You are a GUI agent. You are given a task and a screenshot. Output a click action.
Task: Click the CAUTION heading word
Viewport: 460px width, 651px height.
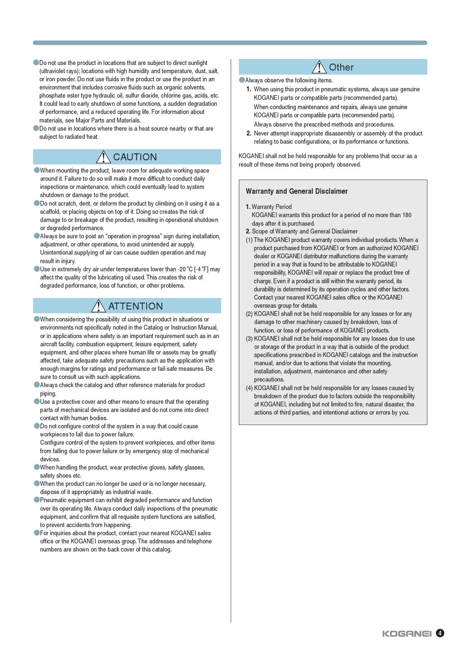point(135,157)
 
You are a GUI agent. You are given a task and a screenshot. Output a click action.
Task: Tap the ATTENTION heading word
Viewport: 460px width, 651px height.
point(135,306)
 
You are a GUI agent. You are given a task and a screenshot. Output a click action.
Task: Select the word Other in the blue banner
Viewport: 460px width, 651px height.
point(341,67)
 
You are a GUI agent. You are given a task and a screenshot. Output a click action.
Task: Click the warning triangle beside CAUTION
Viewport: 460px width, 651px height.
point(103,157)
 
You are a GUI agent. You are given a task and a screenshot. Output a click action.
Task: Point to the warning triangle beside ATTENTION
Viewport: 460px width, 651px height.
point(98,306)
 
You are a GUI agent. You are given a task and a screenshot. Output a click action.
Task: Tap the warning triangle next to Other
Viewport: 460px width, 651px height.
point(319,67)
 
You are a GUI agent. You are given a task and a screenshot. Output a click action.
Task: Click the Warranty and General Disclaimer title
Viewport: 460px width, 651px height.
point(297,191)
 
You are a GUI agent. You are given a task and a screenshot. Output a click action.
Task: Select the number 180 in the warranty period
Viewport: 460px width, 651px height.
point(407,215)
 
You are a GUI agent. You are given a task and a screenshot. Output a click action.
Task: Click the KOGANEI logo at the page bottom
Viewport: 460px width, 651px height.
point(407,634)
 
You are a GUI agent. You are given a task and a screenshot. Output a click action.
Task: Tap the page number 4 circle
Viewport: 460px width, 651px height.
point(440,633)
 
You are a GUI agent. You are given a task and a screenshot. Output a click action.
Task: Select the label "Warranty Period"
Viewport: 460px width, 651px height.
point(272,207)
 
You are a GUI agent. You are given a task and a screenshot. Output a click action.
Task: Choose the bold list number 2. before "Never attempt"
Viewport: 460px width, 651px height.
point(249,134)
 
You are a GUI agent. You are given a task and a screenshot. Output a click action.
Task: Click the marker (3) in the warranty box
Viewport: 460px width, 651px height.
point(249,339)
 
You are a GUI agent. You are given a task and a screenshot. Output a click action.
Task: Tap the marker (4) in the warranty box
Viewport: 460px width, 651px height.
point(249,388)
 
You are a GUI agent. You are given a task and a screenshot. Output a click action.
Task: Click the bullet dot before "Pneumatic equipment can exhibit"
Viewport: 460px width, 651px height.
point(37,500)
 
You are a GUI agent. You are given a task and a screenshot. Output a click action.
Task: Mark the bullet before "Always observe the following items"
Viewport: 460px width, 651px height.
point(242,80)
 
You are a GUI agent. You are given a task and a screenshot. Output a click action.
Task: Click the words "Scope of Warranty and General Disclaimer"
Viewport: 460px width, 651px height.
point(305,232)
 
